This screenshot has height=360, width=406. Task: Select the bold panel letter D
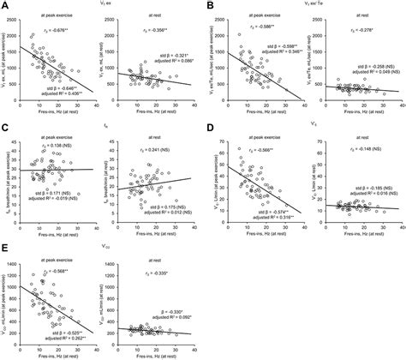coord(209,128)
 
